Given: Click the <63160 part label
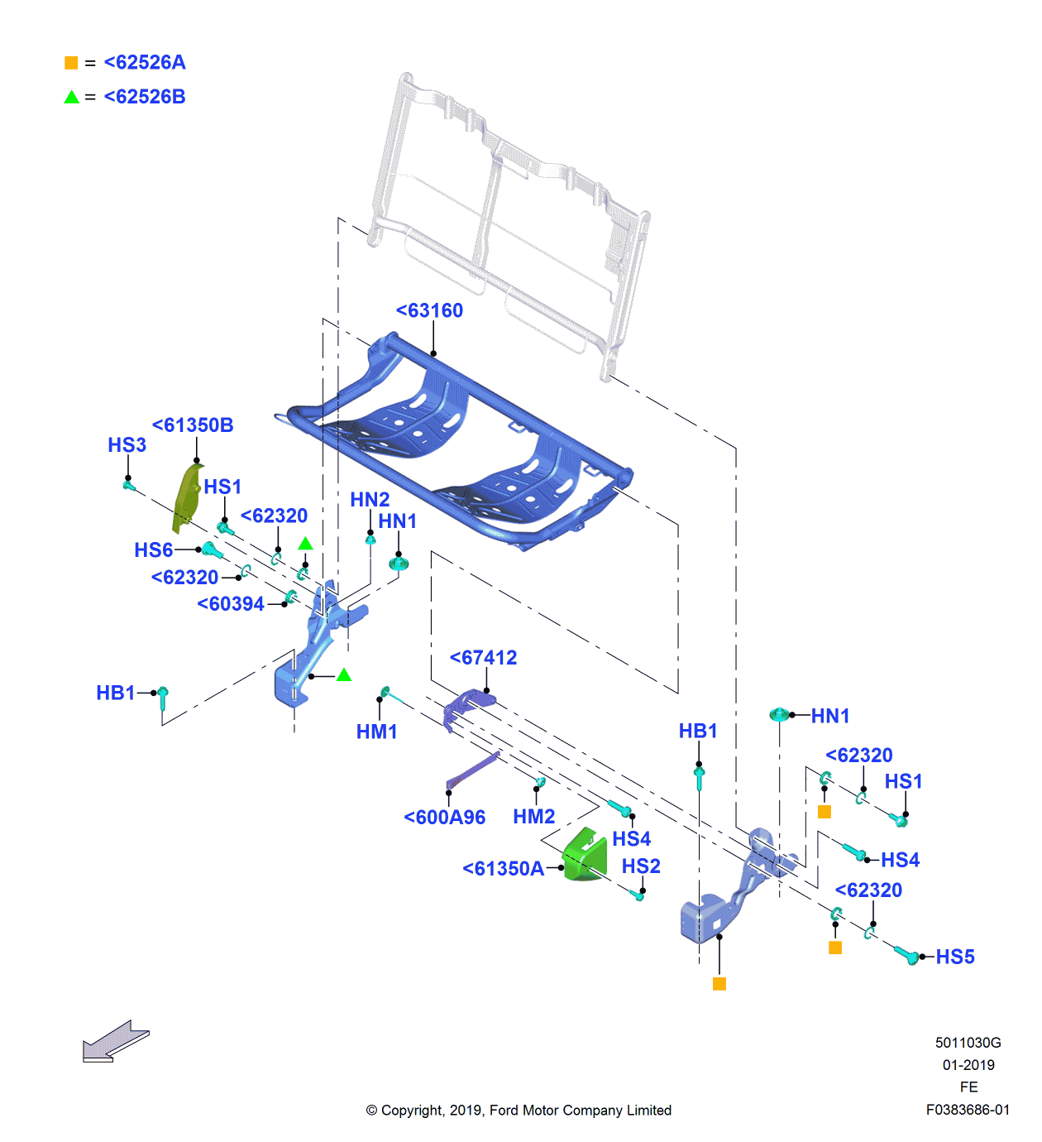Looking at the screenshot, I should pos(429,310).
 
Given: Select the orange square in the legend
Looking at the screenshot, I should pos(71,63).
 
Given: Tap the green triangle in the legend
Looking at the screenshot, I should pos(71,97).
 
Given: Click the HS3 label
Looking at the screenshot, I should pos(127,445).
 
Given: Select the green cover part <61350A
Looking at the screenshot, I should pos(586,856).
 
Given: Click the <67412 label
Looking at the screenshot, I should pos(483,658).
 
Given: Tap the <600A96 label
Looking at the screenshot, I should pos(444,818).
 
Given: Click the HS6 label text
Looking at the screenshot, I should pos(153,550).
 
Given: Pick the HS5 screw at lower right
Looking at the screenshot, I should pos(906,955).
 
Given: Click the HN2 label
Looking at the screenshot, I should pos(370,500).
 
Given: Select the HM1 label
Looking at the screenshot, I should pos(376,732).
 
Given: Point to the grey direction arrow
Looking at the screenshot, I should pos(115,1041).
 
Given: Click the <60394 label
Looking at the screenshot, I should pos(231,604).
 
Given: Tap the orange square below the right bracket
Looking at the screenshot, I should pos(719,984).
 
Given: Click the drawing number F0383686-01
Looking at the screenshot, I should pos(968,1110).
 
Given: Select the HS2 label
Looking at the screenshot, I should pos(641,866).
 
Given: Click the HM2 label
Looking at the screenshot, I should pos(533,817).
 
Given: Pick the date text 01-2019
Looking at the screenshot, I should pos(968,1065).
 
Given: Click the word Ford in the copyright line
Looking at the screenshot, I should pos(504,1111).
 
